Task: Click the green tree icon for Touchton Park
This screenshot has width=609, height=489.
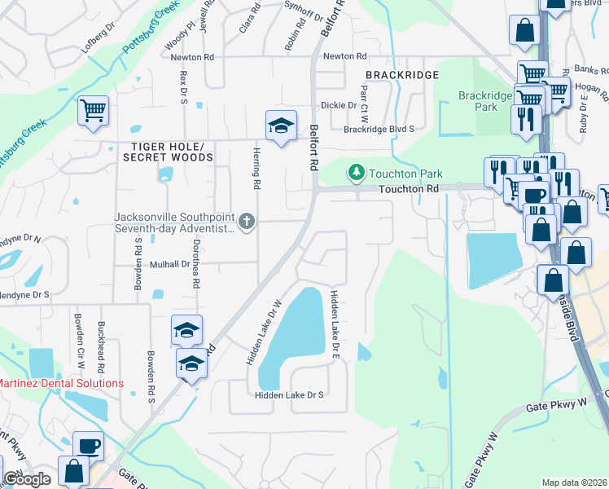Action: point(356,173)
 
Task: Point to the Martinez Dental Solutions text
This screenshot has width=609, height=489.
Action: point(60,383)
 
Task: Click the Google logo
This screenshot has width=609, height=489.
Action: point(26,479)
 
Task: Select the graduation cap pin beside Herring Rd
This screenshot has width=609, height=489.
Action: point(280,126)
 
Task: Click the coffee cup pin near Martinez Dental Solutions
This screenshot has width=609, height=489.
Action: point(89,446)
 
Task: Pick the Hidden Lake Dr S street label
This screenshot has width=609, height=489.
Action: point(289,394)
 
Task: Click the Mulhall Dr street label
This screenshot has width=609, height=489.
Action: point(169,265)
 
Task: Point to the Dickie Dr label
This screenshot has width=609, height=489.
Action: point(338,105)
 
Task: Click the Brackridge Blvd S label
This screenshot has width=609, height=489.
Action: point(379,129)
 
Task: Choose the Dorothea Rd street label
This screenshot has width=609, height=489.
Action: point(195,269)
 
